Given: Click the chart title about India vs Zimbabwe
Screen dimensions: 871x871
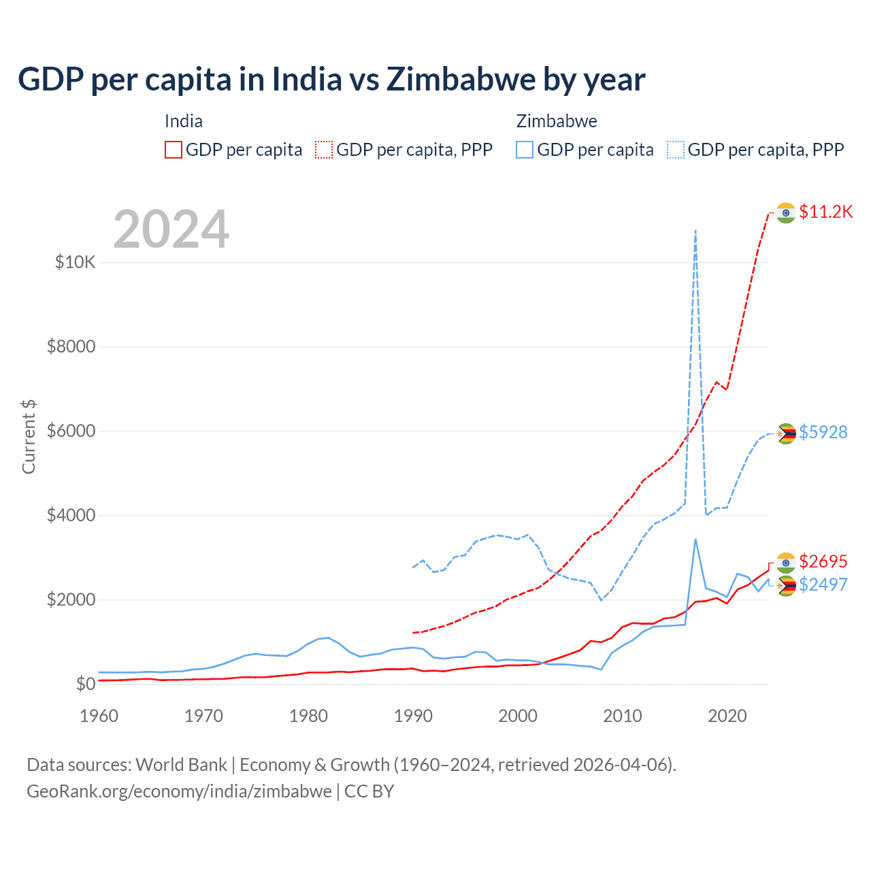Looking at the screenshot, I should (x=331, y=80).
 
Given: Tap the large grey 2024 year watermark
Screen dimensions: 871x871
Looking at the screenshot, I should (x=171, y=229).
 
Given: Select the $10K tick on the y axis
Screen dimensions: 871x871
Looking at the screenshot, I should (x=75, y=262).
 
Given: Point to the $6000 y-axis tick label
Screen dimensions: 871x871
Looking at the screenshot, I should (x=71, y=431).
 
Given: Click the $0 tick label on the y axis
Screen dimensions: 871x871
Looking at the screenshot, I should (x=84, y=684).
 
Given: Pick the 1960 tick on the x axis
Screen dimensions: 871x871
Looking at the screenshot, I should (x=99, y=716).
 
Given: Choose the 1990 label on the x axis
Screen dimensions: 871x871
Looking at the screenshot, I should (x=413, y=716).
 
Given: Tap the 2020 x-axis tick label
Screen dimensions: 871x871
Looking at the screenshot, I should (x=727, y=716).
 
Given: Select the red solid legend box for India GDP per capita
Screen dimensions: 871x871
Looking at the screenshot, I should (x=174, y=150).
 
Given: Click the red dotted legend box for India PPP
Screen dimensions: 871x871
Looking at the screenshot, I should (x=324, y=150).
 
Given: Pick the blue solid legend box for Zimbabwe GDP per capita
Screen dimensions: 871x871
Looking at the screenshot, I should (x=525, y=150).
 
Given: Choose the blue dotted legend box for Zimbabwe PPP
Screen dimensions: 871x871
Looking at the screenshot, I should (x=676, y=150).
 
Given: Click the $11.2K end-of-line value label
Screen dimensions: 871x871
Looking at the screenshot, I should (x=825, y=212).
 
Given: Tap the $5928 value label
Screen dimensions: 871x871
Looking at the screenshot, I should (x=823, y=432).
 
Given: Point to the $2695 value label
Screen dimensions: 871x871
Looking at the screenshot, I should (x=823, y=561).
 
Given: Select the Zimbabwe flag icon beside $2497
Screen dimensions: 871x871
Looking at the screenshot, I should (x=786, y=585).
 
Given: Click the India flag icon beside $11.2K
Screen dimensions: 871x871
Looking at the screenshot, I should (x=786, y=212).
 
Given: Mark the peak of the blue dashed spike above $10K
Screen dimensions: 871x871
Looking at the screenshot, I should (x=695, y=231).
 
